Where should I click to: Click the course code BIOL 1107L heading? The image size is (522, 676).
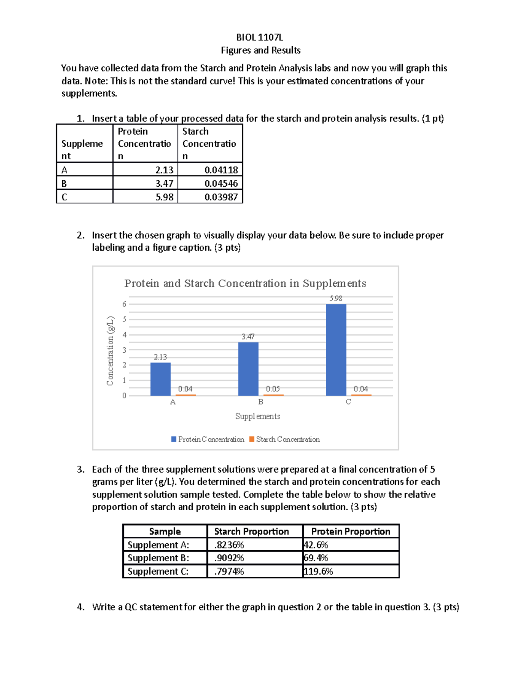[x=260, y=37]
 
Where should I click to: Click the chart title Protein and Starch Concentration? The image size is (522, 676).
[x=245, y=283]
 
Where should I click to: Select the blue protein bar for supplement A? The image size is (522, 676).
[x=161, y=379]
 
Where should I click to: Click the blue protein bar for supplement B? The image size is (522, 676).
[x=248, y=369]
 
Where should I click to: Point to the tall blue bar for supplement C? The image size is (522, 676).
[x=336, y=350]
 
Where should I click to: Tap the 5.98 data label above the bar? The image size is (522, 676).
[x=336, y=299]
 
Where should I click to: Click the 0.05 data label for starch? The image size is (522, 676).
[x=273, y=389]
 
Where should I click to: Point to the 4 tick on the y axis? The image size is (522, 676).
[x=124, y=335]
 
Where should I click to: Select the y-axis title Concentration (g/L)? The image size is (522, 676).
[x=110, y=351]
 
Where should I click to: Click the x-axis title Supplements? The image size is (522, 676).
[x=258, y=417]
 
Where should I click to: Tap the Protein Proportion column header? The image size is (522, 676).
[x=351, y=531]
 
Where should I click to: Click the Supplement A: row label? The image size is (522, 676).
[x=158, y=545]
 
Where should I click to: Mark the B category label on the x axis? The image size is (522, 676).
[x=261, y=402]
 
